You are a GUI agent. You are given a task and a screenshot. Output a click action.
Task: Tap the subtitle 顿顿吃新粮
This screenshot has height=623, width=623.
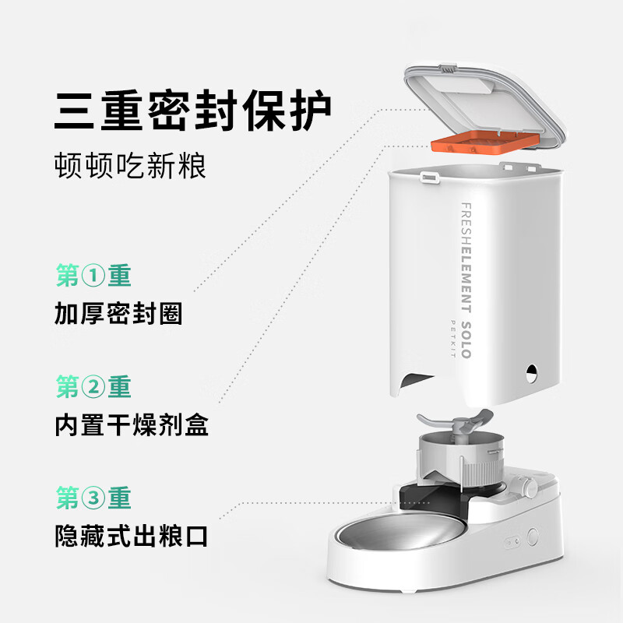pos(131,165)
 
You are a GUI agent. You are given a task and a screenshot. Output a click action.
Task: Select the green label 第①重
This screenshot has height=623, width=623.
pos(93,276)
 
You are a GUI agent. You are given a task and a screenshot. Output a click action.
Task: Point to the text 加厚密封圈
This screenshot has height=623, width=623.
pos(118,314)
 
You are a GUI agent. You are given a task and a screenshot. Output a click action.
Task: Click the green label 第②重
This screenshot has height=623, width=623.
pos(93,387)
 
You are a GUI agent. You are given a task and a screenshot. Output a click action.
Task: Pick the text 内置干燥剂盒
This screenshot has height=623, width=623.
pos(132,425)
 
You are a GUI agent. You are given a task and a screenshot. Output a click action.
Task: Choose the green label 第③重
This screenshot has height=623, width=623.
pos(93,498)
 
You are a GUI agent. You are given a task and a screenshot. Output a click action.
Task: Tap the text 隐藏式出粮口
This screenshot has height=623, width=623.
pos(132,536)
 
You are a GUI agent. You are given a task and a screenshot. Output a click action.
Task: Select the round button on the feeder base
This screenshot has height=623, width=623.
pos(533,537)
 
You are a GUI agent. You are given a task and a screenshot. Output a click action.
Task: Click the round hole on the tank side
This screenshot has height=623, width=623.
pos(532,371)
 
